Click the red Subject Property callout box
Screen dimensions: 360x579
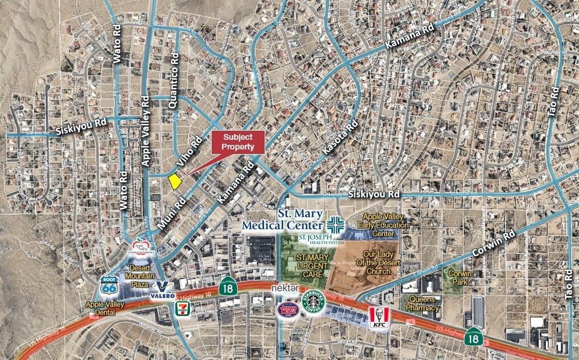pos(238,142)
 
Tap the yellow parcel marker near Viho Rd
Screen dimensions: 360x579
pos(175,181)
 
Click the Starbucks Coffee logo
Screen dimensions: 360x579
pos(313,301)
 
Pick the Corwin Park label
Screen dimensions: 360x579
pos(460,278)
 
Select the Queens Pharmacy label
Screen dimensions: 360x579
pos(423,304)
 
